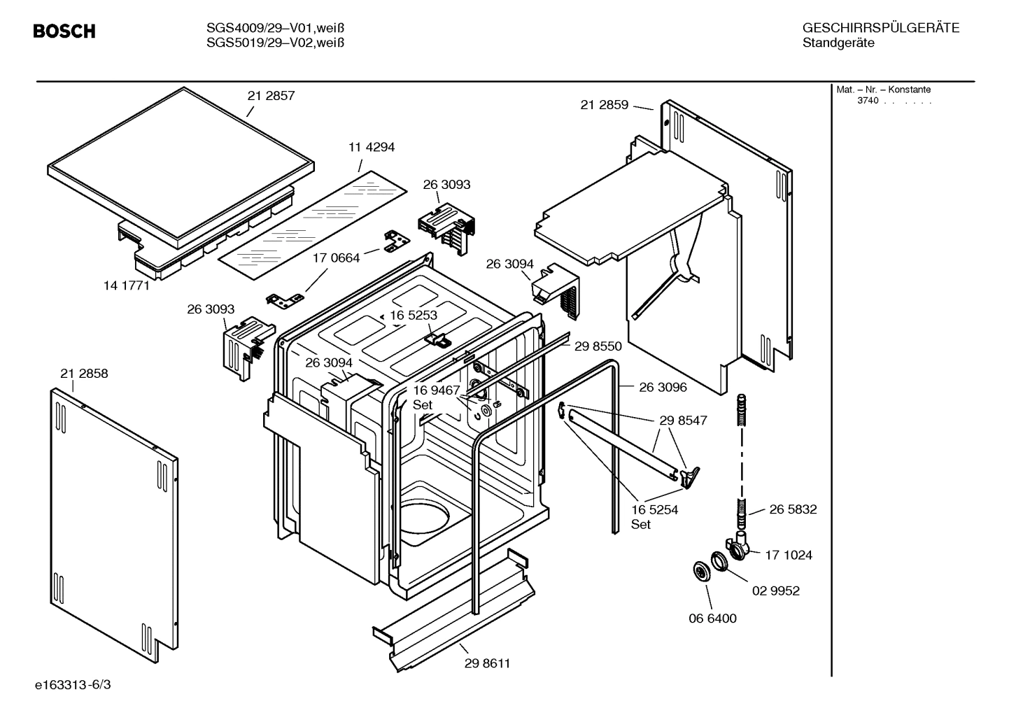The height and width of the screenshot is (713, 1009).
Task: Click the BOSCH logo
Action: [64, 31]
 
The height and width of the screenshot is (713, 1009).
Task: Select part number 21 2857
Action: [271, 96]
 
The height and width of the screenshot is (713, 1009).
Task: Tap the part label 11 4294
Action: [371, 147]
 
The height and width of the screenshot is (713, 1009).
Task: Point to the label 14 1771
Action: [126, 285]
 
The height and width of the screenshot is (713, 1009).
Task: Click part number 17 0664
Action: [336, 258]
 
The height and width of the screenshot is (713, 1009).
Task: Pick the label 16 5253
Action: [414, 316]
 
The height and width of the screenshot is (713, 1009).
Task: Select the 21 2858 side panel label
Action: [84, 374]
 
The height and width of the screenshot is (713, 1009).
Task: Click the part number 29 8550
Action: [598, 346]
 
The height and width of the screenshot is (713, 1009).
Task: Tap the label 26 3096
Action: [663, 387]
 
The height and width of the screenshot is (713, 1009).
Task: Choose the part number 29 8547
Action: [683, 421]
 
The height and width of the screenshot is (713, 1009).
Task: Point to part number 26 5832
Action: [793, 509]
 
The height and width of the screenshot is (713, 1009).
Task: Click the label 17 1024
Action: [789, 555]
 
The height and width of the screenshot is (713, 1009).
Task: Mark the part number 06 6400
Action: [712, 619]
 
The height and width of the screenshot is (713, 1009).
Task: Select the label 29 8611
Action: [487, 663]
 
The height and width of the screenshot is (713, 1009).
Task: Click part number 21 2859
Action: [604, 105]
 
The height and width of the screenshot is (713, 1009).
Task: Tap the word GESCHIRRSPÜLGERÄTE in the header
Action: [880, 28]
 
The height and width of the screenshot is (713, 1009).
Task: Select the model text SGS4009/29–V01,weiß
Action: [275, 28]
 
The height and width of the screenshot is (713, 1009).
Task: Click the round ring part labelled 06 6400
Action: [699, 570]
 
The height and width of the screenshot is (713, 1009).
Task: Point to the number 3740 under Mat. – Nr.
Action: [868, 101]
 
